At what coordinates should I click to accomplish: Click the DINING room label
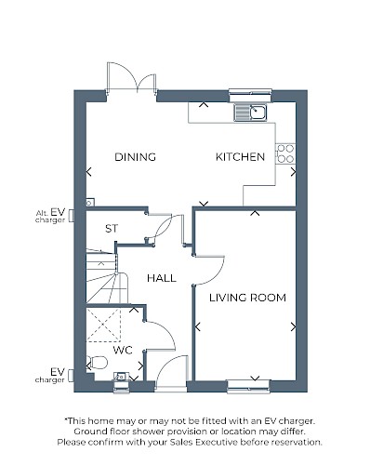[135, 157]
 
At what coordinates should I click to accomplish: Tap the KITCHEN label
[240, 157]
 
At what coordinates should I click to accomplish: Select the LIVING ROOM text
[247, 298]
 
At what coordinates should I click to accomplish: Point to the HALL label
[162, 278]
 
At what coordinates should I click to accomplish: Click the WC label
[123, 351]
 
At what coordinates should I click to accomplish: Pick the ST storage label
[112, 229]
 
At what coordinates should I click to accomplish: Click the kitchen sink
[250, 113]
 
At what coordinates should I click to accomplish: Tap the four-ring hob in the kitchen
[285, 153]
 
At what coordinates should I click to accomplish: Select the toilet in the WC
[97, 363]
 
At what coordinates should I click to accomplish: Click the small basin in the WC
[121, 377]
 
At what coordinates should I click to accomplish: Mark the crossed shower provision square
[103, 325]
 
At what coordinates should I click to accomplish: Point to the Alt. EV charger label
[50, 216]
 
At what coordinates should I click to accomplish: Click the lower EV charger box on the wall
[72, 376]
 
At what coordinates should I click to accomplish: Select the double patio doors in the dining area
[131, 77]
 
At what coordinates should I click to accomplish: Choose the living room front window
[248, 386]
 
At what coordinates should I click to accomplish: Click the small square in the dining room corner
[89, 203]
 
